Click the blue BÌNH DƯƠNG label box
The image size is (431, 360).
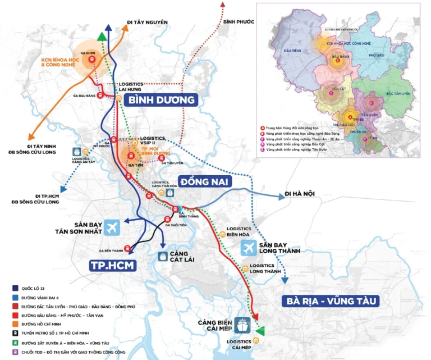(162, 100)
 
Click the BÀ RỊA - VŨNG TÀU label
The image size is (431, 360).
(330, 301)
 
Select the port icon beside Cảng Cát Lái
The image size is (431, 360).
(163, 256)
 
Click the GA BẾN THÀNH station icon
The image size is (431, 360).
(127, 248)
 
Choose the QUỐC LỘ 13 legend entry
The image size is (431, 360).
(33, 288)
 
